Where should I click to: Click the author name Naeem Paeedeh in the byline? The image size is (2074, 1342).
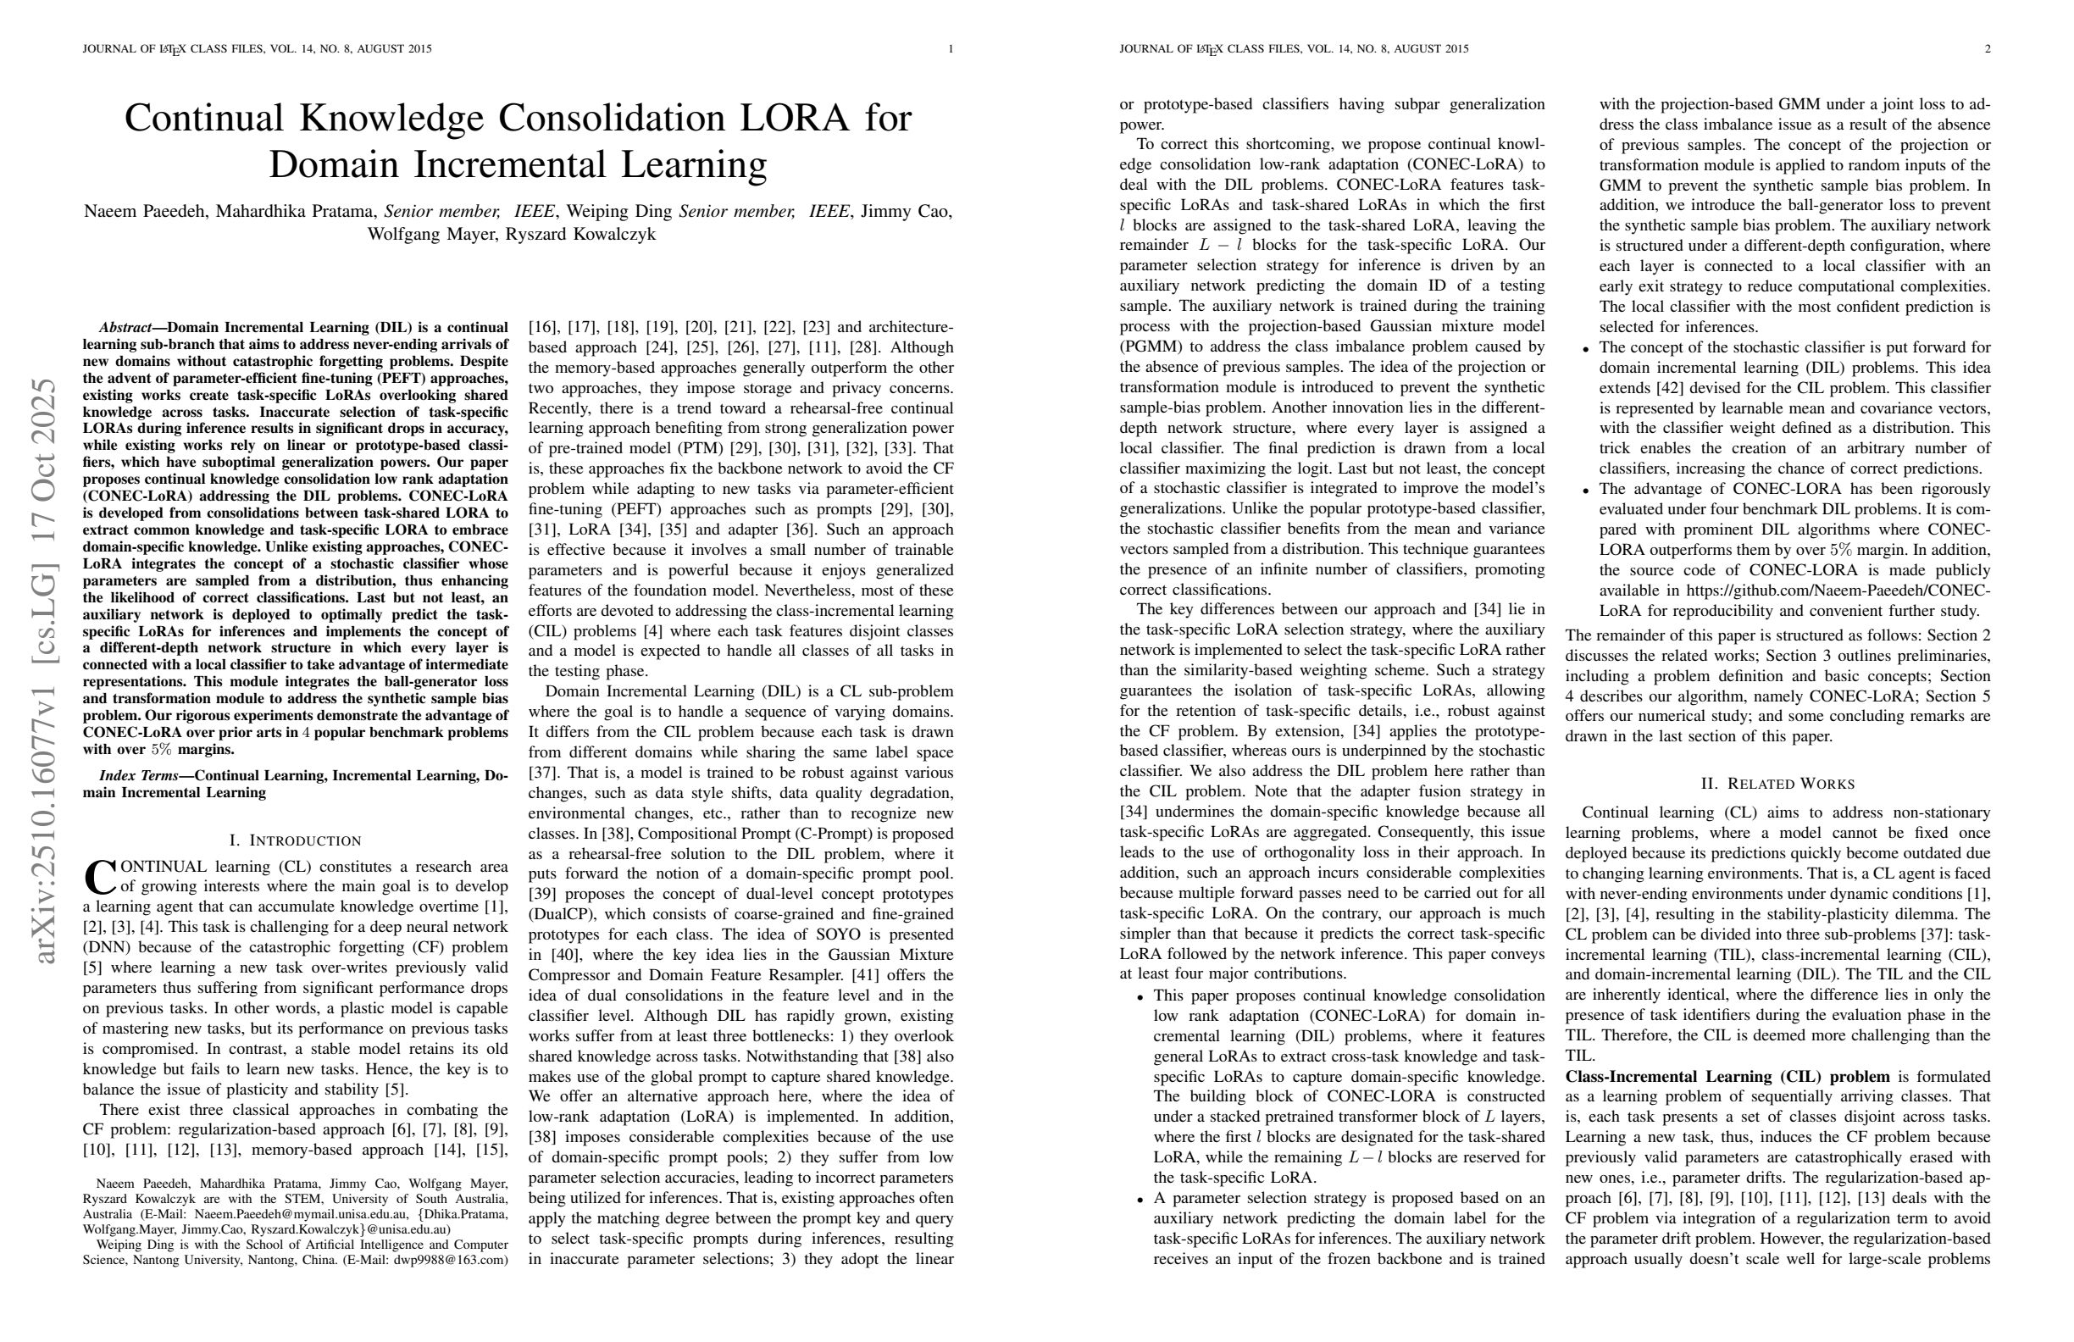point(145,212)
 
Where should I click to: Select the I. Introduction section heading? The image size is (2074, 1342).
point(295,841)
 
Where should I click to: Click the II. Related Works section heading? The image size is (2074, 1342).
point(1777,784)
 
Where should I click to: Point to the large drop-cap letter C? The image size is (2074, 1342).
point(99,878)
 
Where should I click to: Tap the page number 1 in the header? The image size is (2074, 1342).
point(951,49)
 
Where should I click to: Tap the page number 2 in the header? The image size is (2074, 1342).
point(1988,49)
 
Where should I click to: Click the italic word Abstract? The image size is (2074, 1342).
point(125,328)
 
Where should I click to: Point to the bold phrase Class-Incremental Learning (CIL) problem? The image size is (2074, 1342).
point(1727,1076)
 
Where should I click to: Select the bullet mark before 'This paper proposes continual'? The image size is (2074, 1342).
point(1140,997)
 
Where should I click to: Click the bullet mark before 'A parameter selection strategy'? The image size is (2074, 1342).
point(1140,1200)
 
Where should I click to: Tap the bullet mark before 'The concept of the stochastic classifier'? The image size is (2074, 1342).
point(1586,348)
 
